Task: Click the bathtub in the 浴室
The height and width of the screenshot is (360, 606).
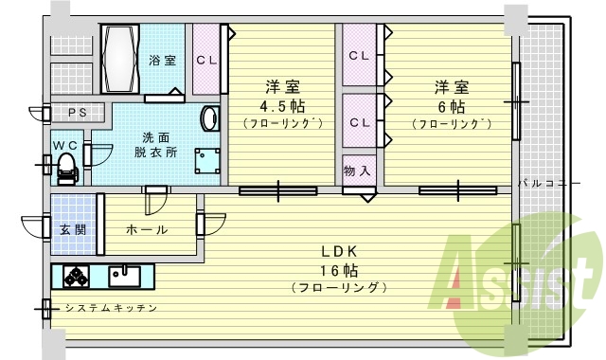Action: pyautogui.click(x=120, y=59)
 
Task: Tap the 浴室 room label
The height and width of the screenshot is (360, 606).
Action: pyautogui.click(x=162, y=61)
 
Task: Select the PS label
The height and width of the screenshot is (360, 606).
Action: pyautogui.click(x=77, y=114)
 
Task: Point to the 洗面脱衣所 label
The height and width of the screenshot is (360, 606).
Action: pyautogui.click(x=155, y=144)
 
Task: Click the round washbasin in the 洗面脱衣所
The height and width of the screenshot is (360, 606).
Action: pyautogui.click(x=209, y=119)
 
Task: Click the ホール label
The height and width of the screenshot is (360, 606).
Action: pyautogui.click(x=146, y=229)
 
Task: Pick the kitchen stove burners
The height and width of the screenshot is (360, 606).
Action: pyautogui.click(x=77, y=277)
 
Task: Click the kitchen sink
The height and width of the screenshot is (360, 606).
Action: pyautogui.click(x=125, y=277)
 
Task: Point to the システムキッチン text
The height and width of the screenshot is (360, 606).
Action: pyautogui.click(x=110, y=308)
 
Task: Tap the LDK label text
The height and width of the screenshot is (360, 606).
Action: pyautogui.click(x=339, y=251)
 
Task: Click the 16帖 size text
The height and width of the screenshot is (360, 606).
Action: pyautogui.click(x=339, y=269)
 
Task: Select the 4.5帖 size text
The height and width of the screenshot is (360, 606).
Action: pyautogui.click(x=283, y=105)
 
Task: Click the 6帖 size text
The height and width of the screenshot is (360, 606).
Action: pyautogui.click(x=451, y=105)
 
